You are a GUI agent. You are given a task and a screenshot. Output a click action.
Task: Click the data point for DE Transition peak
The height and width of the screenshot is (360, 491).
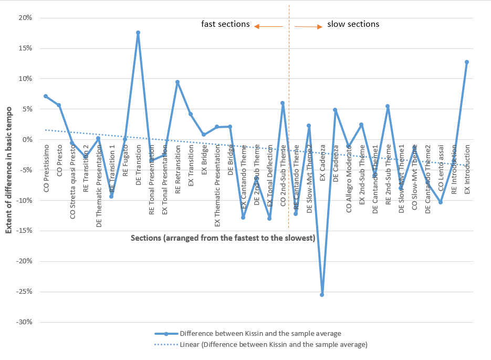point(138,33)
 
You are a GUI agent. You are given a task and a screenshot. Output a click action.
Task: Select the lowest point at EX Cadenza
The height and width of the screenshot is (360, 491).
point(322,295)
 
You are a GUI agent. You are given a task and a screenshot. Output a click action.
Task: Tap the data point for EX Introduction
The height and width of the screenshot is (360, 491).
point(466,62)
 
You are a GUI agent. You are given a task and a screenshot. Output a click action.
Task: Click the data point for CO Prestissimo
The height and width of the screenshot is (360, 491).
point(46,96)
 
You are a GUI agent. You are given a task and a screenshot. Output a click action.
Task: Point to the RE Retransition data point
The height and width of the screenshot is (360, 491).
point(177,82)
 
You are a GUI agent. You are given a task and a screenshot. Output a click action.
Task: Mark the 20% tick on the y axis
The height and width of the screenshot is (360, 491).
point(26,18)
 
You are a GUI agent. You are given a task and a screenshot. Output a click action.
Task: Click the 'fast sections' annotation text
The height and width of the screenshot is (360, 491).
point(225,24)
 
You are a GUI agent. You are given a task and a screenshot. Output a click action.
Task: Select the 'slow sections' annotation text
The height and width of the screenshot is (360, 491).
point(353,24)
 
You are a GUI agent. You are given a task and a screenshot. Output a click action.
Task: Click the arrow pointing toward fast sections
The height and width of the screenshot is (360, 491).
point(268,26)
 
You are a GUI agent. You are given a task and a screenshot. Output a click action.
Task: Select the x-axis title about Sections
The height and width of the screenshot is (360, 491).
point(223,238)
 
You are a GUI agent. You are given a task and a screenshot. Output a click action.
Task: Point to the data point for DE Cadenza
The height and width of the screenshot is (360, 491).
point(335,110)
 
